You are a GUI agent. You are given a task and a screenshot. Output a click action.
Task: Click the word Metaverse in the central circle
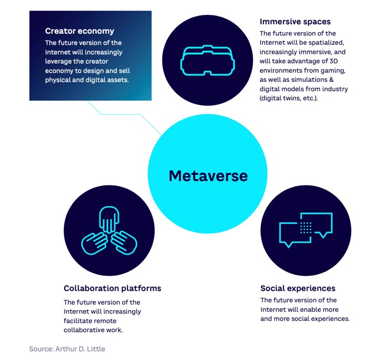208,176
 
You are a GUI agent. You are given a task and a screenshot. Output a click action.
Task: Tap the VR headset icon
208,60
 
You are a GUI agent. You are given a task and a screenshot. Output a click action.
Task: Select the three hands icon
109,231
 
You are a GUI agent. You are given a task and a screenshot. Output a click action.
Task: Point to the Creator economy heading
80,31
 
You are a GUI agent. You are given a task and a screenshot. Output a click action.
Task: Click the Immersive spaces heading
295,22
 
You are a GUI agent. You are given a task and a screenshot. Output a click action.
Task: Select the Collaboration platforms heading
112,288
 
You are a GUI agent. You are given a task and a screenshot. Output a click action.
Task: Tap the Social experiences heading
298,288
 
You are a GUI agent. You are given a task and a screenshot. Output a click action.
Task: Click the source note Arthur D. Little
67,349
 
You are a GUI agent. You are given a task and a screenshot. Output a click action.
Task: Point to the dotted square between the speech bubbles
306,227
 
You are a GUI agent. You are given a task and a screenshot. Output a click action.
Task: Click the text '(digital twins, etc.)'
289,98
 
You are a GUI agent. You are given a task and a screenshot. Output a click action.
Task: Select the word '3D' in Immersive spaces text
334,61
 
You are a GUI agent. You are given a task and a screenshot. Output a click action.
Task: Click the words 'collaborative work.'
93,330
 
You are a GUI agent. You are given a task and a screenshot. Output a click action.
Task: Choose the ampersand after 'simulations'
331,80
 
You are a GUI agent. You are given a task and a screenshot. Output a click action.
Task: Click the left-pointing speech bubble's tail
288,245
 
